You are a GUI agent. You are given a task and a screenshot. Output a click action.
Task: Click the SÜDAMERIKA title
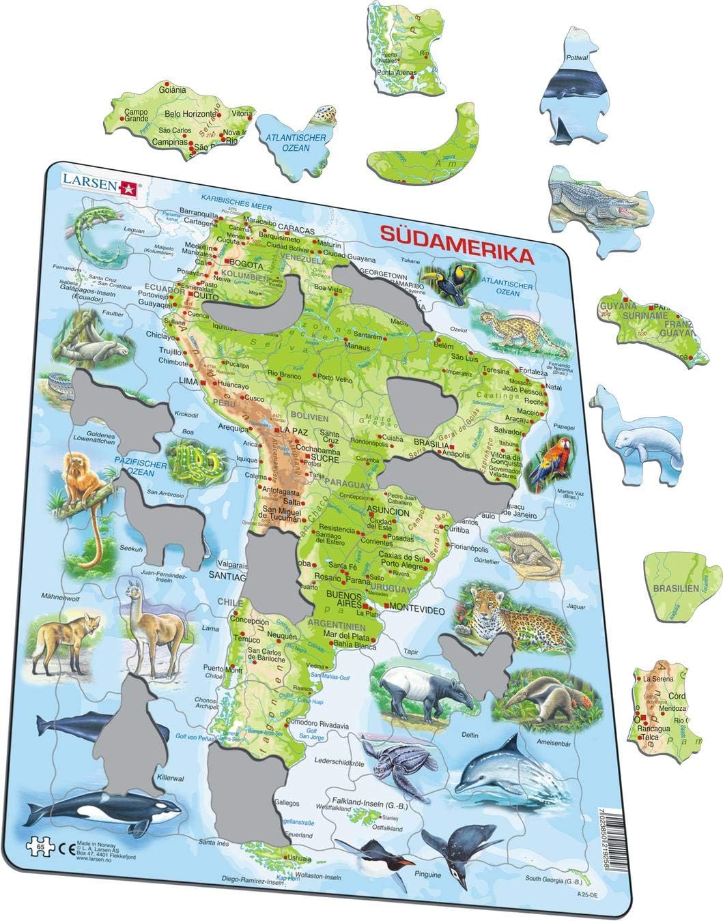pyautogui.click(x=452, y=255)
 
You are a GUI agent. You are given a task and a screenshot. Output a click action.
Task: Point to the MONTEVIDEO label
pyautogui.click(x=416, y=607)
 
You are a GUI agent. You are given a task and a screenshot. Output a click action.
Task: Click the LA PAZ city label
pyautogui.click(x=294, y=431)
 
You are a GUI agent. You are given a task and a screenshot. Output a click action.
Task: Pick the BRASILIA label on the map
pyautogui.click(x=436, y=441)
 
